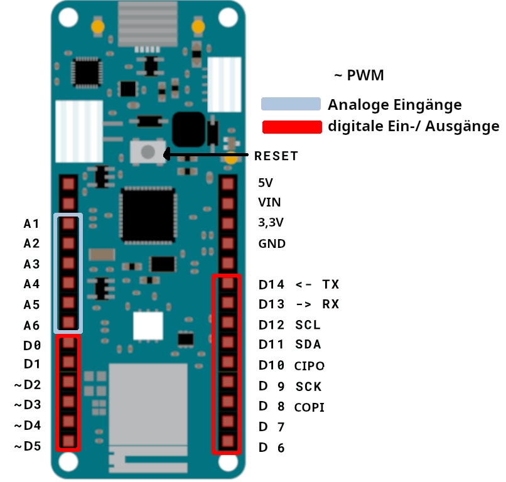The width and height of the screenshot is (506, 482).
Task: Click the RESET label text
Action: point(276,156)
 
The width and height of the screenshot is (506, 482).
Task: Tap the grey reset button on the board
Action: point(148,152)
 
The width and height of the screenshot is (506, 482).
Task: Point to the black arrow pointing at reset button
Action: point(205,154)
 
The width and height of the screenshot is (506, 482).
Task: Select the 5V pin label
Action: point(266,183)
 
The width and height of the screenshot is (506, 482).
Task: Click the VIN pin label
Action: point(269,203)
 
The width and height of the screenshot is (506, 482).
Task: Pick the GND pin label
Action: point(272,244)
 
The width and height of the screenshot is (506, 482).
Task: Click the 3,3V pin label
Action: point(271,223)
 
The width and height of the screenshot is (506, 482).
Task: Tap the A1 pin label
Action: point(31,223)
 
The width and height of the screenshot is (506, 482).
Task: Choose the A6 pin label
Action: point(31,326)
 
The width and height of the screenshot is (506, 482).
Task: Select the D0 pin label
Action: point(32,346)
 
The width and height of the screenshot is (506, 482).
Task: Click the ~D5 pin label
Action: point(28,446)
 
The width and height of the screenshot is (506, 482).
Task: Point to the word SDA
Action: point(308,345)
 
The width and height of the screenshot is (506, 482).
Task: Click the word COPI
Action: point(309,407)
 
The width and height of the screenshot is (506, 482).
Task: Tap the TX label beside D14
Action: point(331,284)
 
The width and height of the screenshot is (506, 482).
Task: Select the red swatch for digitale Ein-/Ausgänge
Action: point(292,127)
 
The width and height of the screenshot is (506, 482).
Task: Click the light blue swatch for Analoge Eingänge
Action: point(291,104)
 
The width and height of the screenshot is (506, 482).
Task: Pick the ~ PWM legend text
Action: point(359,75)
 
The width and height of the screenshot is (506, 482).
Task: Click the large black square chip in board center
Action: point(148,214)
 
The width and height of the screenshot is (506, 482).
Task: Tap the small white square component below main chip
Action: point(148,326)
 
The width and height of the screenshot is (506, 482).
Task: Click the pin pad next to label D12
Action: point(228,323)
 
